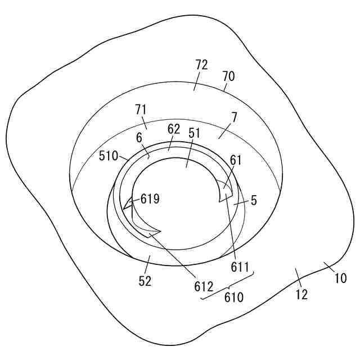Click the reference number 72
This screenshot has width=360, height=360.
click(x=201, y=65)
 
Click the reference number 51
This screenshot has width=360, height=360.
click(x=194, y=133)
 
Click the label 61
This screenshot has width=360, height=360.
click(x=235, y=160)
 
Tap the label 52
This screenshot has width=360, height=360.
click(x=145, y=281)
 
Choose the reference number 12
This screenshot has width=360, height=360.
click(x=301, y=294)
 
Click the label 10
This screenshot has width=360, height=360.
click(x=341, y=278)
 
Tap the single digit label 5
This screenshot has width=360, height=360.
click(x=254, y=200)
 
